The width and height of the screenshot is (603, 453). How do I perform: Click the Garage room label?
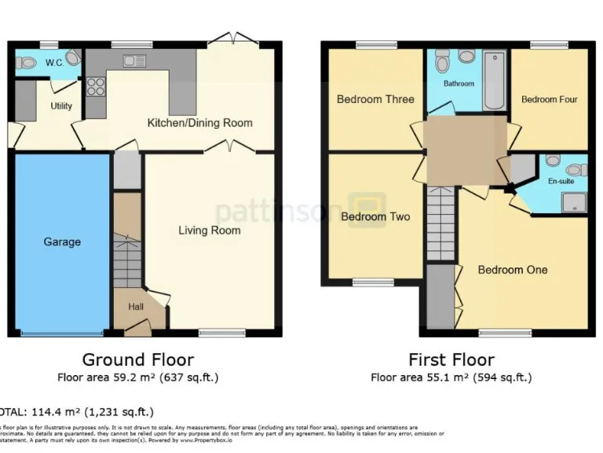(x=61, y=241)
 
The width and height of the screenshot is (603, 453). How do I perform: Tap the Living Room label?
(x=209, y=230)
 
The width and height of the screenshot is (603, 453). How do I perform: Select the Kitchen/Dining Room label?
(x=200, y=123)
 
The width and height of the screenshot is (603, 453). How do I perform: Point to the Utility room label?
(x=61, y=106)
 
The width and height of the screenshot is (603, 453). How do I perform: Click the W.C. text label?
(x=54, y=62)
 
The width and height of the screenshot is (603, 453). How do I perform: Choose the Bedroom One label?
(x=513, y=270)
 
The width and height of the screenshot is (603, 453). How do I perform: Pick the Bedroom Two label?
(x=375, y=216)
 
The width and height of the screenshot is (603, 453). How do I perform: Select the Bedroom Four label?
(x=549, y=100)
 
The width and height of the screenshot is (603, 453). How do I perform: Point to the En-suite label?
(x=561, y=182)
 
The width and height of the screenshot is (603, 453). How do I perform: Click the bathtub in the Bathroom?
(x=494, y=81)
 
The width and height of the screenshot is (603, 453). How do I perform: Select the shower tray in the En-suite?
(x=574, y=203)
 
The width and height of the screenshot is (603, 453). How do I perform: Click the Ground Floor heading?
(x=137, y=360)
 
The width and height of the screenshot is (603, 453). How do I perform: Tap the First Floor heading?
(x=451, y=360)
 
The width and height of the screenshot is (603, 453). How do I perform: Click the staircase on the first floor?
(x=440, y=224)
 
